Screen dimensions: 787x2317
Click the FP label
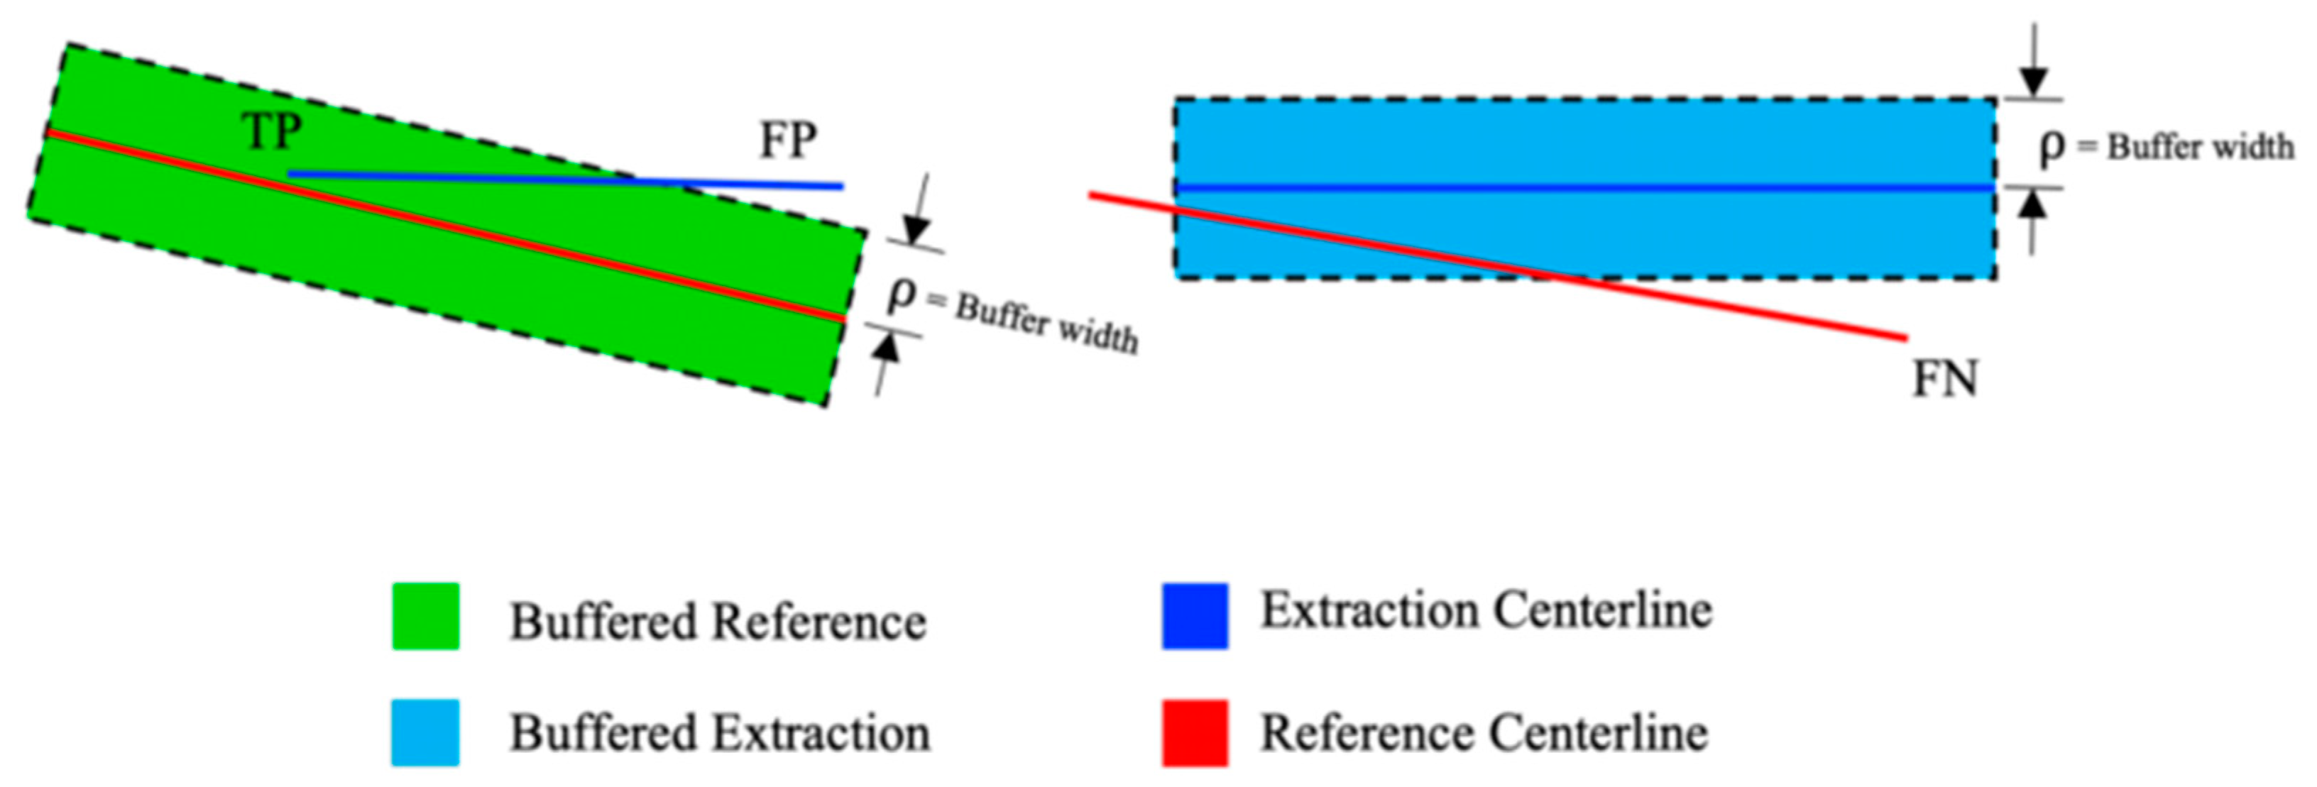point(788,141)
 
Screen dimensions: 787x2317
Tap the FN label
point(1944,380)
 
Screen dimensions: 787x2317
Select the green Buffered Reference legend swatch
point(425,616)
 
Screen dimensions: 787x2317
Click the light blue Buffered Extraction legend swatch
point(425,733)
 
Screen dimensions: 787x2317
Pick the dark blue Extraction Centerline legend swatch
point(1195,616)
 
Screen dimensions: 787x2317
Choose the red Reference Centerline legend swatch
point(1195,733)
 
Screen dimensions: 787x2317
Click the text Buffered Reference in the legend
point(718,622)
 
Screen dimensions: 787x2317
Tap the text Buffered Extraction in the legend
point(720,733)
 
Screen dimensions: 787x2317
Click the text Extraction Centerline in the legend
point(1486,611)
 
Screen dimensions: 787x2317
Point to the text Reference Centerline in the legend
point(1484,733)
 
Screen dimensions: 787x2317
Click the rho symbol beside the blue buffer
point(2052,147)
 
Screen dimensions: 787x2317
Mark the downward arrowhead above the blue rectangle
point(2031,84)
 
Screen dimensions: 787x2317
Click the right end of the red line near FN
point(1904,339)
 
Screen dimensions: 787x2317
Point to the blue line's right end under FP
point(841,186)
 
